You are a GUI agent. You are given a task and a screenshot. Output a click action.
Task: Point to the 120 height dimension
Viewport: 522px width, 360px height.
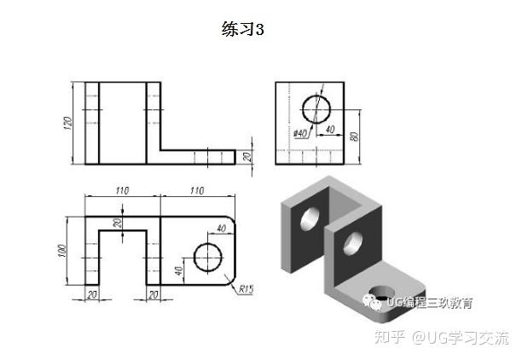click(67, 122)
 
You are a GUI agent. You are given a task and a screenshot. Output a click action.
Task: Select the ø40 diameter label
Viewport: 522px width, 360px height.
click(300, 132)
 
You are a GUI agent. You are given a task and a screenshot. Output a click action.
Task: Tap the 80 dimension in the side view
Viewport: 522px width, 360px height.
click(352, 135)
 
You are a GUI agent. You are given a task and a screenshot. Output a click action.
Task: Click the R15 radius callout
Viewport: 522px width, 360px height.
click(246, 288)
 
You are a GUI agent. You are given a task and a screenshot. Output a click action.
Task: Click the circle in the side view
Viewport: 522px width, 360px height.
click(316, 110)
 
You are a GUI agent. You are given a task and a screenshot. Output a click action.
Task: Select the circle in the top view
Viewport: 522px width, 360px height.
click(207, 256)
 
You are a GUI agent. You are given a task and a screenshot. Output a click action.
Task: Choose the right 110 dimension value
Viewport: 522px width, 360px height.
click(197, 190)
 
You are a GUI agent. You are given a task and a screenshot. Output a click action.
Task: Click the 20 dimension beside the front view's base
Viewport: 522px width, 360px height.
click(247, 156)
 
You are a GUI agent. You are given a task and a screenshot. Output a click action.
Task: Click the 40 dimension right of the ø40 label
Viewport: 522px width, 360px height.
click(328, 130)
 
